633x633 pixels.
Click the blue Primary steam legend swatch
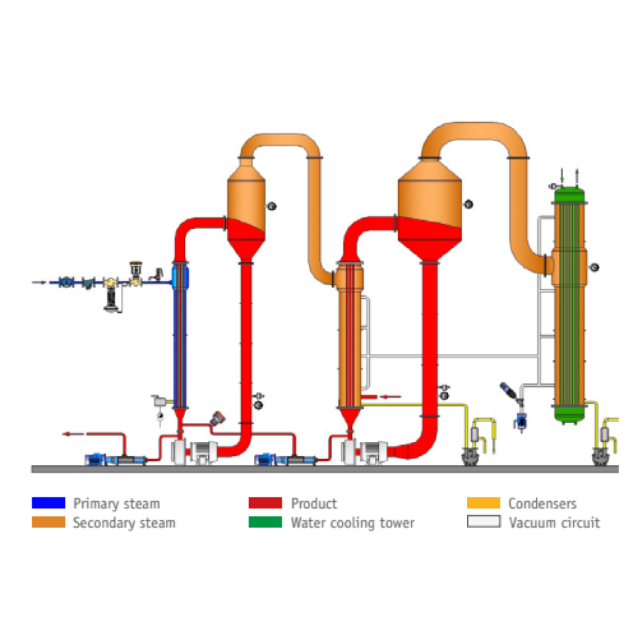point(48,503)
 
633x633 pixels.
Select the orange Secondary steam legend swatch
point(48,522)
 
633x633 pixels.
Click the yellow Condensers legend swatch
point(483,503)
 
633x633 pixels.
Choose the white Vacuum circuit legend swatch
point(483,522)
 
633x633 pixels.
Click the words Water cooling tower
point(353,523)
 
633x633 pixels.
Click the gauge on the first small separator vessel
point(272,206)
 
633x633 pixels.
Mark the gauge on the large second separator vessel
point(468,204)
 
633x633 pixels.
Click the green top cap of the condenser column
point(569,195)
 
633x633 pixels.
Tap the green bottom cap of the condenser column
point(569,415)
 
